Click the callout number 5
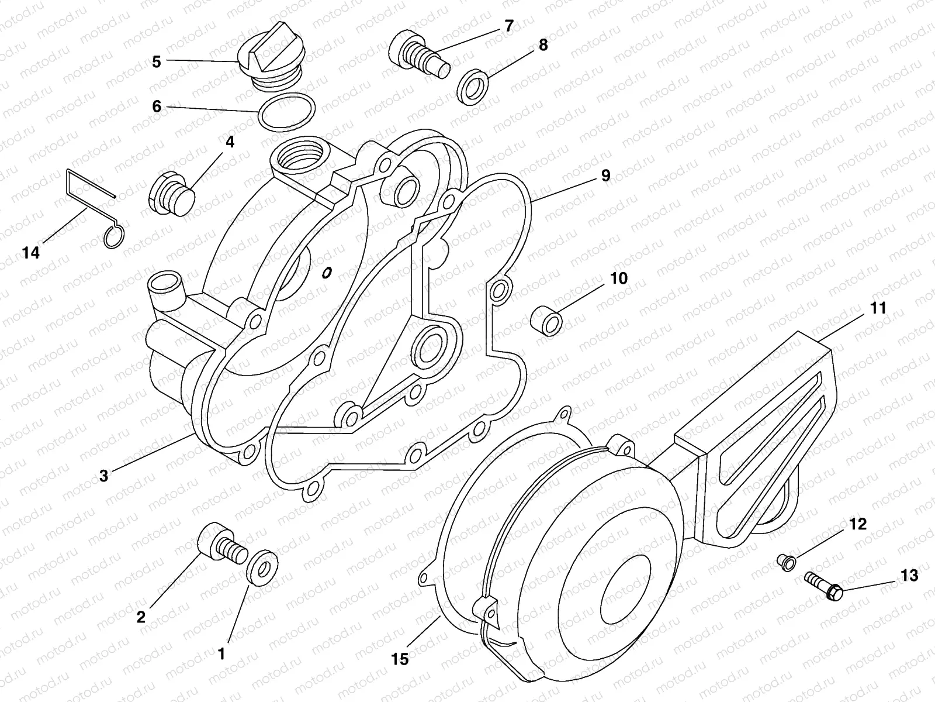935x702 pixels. click(156, 61)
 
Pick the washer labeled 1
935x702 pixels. click(263, 565)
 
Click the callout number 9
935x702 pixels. click(605, 175)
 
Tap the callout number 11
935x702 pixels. click(878, 308)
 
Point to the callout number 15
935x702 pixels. click(401, 659)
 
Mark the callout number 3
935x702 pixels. click(103, 476)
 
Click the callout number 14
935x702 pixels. click(31, 253)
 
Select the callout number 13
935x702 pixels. click(909, 576)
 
